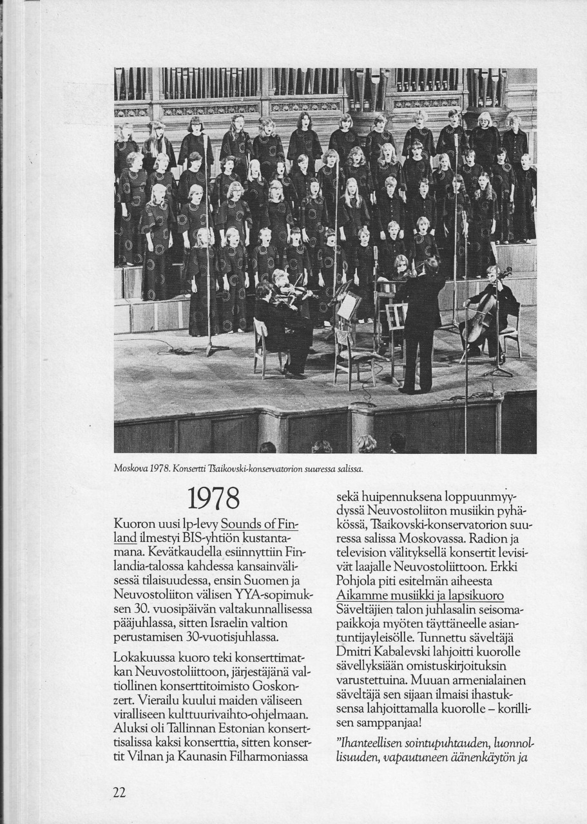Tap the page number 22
click(119, 793)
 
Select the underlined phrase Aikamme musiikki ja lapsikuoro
click(420, 595)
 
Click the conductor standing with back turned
click(419, 322)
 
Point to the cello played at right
click(481, 319)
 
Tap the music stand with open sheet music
click(348, 306)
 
